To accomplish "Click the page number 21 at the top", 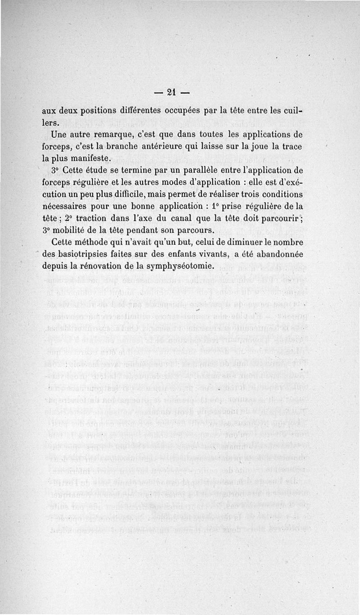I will pos(171,92).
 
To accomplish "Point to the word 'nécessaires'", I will pos(67,207).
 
